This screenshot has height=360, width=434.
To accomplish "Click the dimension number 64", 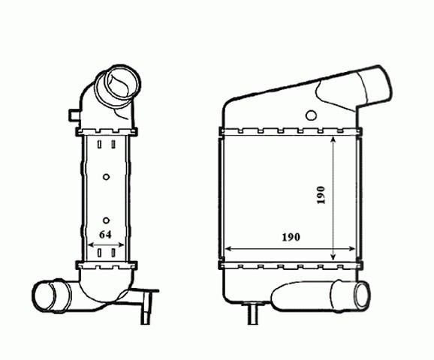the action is (x=105, y=235).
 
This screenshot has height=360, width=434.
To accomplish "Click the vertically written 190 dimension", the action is (x=321, y=195).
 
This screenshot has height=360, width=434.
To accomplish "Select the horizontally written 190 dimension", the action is (x=291, y=237).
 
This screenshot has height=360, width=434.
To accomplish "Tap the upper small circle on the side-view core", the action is (x=107, y=177).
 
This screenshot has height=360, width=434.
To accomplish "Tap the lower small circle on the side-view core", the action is (x=107, y=220).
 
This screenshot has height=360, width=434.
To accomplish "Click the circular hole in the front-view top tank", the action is (x=312, y=115).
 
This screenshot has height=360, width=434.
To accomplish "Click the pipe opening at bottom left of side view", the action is (x=44, y=295).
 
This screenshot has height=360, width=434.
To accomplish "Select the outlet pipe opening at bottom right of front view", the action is (x=362, y=295).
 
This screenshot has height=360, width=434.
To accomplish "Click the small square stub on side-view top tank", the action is (x=74, y=115).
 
